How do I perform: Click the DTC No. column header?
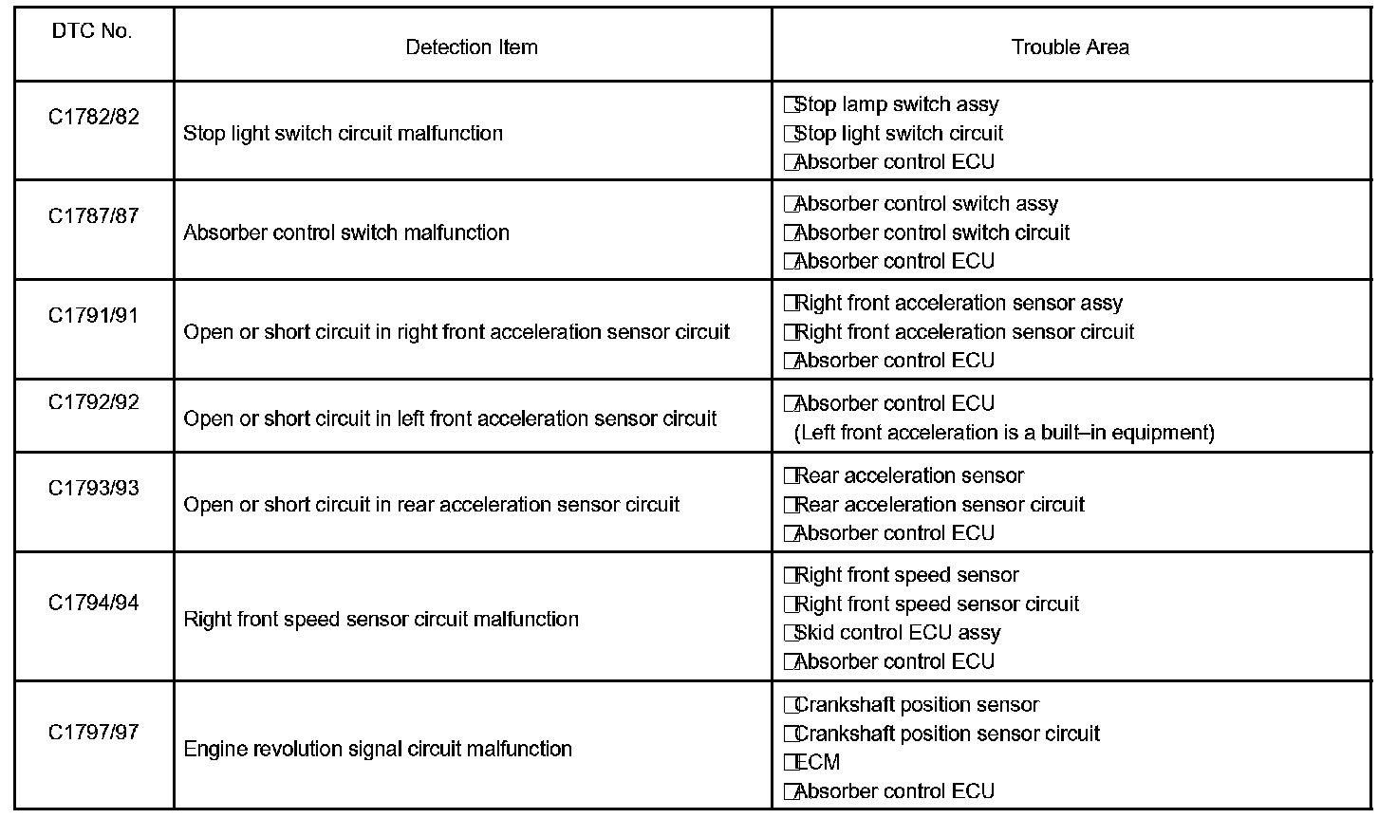[x=92, y=31]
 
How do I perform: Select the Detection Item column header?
[x=471, y=47]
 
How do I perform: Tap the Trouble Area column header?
[x=1070, y=47]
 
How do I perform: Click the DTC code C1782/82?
[x=93, y=117]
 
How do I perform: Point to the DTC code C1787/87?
[x=93, y=216]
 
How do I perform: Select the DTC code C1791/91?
[x=93, y=315]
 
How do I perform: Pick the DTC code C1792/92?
[x=93, y=402]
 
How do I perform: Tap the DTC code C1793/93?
[x=93, y=489]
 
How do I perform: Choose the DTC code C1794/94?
[x=93, y=603]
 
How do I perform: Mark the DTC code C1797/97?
[x=93, y=733]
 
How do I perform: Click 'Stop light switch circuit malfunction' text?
[x=343, y=134]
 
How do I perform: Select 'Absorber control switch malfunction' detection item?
[x=345, y=233]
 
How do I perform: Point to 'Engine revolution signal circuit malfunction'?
[x=377, y=750]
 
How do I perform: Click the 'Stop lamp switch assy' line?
[x=896, y=104]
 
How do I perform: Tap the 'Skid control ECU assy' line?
[x=897, y=633]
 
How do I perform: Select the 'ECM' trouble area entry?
[x=817, y=762]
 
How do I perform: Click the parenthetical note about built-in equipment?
[x=1004, y=433]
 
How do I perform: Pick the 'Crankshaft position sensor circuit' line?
[x=946, y=734]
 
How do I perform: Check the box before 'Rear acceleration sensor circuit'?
[x=790, y=505]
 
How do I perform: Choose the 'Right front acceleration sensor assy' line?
[x=958, y=304]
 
